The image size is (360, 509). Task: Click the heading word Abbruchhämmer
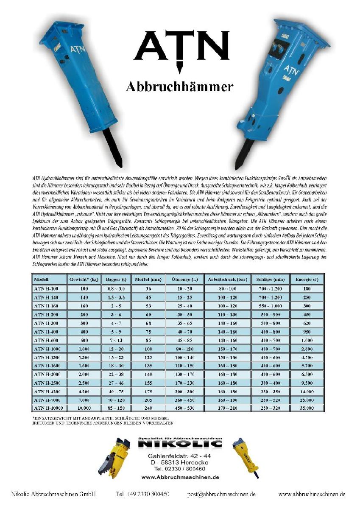click(x=180, y=87)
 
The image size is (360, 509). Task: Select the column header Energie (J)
click(x=307, y=280)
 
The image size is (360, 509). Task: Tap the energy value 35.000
click(x=307, y=408)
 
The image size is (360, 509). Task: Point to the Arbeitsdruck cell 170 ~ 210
click(x=227, y=408)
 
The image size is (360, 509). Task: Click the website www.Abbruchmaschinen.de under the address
click(x=180, y=477)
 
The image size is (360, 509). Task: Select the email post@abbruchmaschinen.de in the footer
click(x=221, y=494)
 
